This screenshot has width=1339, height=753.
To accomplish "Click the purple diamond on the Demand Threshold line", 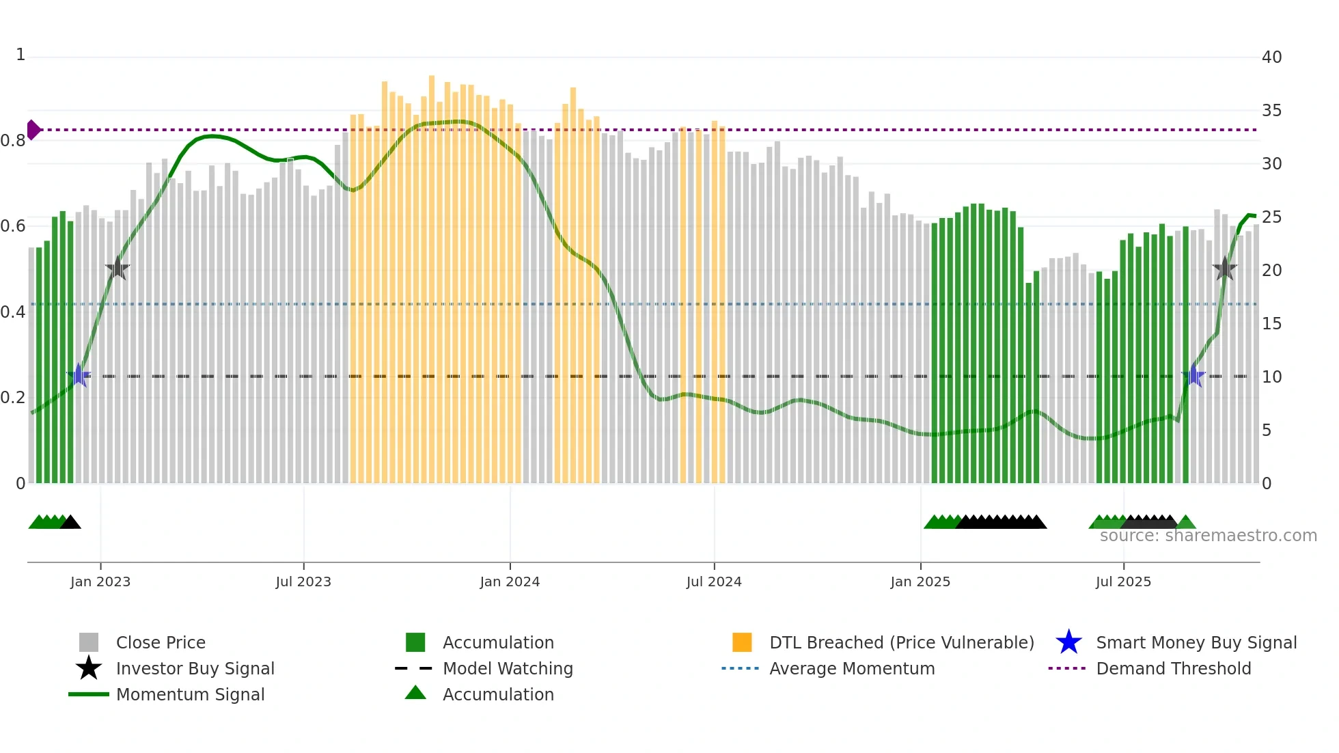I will [33, 130].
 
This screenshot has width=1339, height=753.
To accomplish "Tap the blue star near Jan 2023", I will [79, 375].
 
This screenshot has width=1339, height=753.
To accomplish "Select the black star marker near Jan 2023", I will [118, 269].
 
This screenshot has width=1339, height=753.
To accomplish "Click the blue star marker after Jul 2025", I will [1193, 375].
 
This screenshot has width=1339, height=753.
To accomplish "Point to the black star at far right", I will [1225, 269].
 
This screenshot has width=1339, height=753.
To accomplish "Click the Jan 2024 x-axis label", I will [510, 581].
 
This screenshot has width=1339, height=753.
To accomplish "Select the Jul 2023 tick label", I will [303, 581].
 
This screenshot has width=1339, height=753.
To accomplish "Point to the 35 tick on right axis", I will [1271, 111].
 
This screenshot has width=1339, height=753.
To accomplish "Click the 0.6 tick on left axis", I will [13, 226].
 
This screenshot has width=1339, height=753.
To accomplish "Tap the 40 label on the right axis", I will [1271, 57].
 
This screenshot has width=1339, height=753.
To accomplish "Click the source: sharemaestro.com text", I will [1208, 536].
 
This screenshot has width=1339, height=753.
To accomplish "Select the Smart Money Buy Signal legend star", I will [1068, 642].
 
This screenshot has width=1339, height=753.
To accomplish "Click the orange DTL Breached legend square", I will [742, 642].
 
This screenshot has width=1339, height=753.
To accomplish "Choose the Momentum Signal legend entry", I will [190, 694].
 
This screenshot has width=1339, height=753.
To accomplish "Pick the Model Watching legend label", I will [508, 668].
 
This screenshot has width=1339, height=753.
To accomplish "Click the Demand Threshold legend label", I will [1173, 668].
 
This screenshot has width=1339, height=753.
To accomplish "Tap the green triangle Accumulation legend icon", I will [415, 693].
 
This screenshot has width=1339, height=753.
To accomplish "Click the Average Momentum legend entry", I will [851, 668].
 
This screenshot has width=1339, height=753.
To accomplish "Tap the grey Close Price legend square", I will [89, 642].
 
